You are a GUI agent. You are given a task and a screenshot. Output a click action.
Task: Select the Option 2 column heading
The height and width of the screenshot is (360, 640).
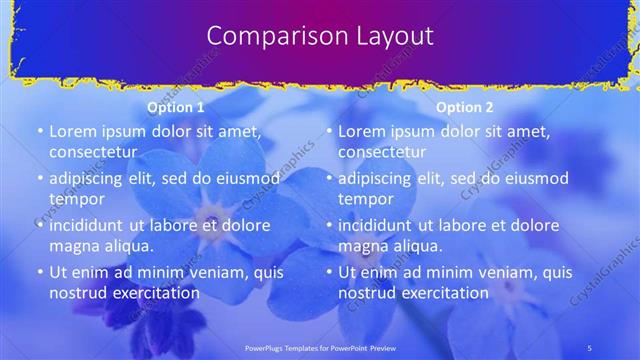465,107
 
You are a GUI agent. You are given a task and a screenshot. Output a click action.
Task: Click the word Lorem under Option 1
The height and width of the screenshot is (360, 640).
73,131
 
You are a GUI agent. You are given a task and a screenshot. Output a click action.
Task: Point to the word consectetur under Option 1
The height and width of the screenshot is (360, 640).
99,152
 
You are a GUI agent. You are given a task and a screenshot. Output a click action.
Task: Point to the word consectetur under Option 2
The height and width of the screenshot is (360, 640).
388,152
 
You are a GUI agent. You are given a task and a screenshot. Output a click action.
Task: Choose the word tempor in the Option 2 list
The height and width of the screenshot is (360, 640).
366,199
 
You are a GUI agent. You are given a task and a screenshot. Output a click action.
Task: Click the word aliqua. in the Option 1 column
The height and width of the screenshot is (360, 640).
127,246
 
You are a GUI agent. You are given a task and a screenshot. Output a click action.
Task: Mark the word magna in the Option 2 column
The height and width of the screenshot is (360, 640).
362,246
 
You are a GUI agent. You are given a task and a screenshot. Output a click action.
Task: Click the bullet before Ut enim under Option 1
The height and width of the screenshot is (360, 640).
40,272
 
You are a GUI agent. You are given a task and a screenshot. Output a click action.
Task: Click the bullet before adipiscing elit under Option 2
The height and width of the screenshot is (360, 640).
329,179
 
